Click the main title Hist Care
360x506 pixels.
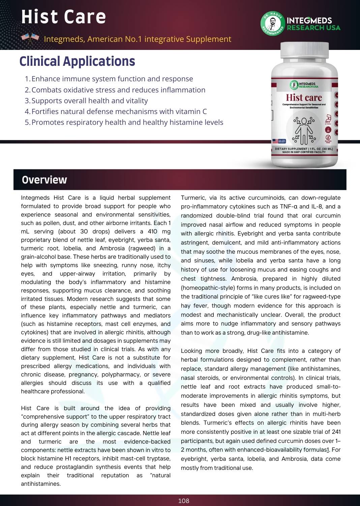(63, 17)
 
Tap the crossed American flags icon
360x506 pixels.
(30, 38)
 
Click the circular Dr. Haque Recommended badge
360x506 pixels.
(272, 24)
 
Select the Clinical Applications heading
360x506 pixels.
(77, 61)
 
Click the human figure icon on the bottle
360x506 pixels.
(304, 130)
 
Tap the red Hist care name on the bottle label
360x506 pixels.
(304, 97)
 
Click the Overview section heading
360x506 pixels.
(44, 180)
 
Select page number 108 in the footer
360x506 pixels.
(184, 501)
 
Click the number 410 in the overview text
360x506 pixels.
(153, 231)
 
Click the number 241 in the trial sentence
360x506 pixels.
(336, 432)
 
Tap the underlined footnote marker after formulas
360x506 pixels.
(328, 450)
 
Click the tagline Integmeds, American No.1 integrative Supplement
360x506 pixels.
(138, 39)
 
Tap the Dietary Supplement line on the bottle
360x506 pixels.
(304, 149)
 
